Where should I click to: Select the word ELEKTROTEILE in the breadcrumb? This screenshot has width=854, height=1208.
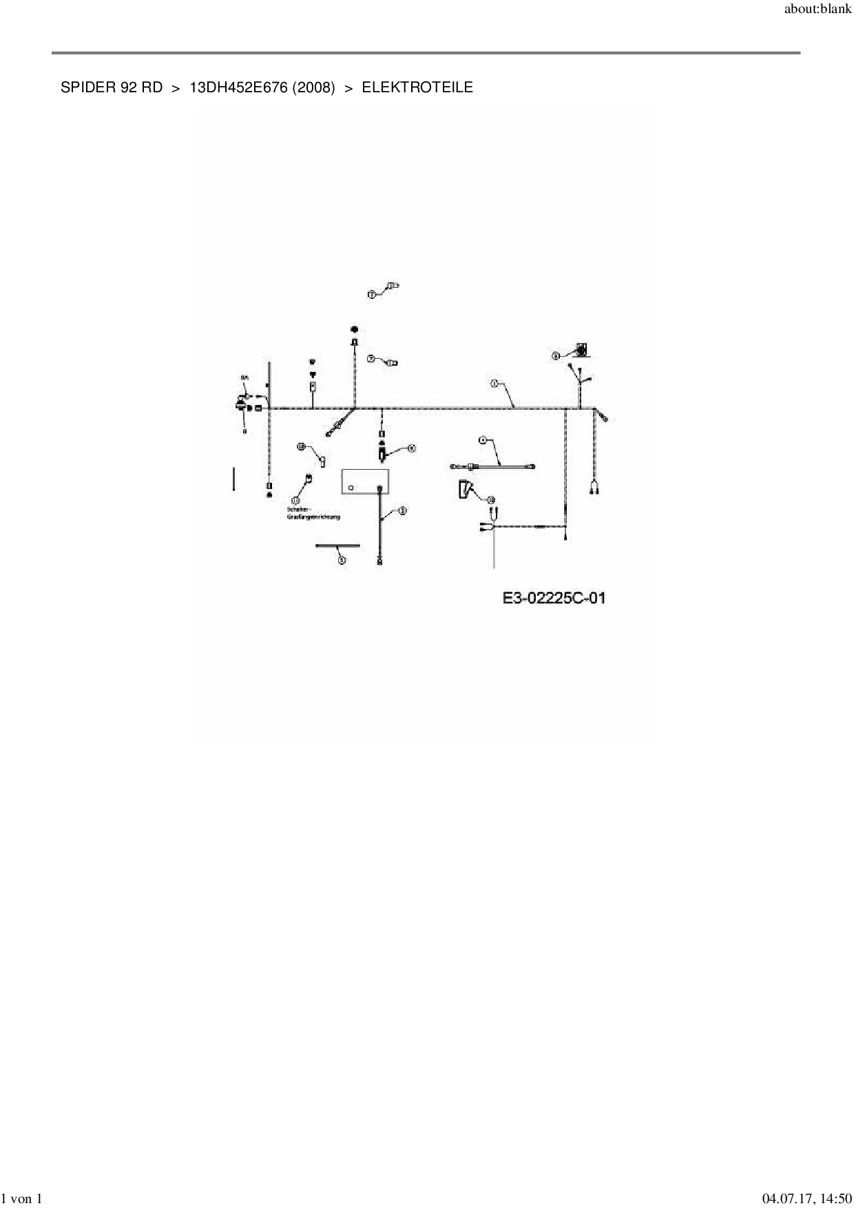tap(417, 87)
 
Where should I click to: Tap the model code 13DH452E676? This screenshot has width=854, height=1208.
tap(238, 87)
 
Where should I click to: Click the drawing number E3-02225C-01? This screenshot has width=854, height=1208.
tap(554, 598)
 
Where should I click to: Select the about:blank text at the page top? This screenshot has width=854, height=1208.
tap(817, 11)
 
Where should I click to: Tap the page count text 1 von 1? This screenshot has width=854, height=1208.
tap(23, 1199)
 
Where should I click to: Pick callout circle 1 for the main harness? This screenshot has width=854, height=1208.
tap(494, 383)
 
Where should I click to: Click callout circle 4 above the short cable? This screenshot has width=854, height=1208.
tap(483, 439)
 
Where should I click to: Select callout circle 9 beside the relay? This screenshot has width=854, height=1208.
tap(555, 356)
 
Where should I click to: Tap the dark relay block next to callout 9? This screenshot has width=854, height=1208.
tap(583, 351)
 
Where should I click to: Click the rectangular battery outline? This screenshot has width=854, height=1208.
tap(365, 481)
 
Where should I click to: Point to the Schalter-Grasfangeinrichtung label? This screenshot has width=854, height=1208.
tap(313, 513)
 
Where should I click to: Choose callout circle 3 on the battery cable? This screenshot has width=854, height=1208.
tap(402, 510)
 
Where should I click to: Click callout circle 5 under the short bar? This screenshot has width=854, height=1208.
tap(342, 560)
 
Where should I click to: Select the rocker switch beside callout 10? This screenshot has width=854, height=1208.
tap(465, 490)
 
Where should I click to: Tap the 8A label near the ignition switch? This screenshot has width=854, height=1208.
tap(244, 378)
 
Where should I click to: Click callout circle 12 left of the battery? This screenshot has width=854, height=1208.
tap(301, 446)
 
